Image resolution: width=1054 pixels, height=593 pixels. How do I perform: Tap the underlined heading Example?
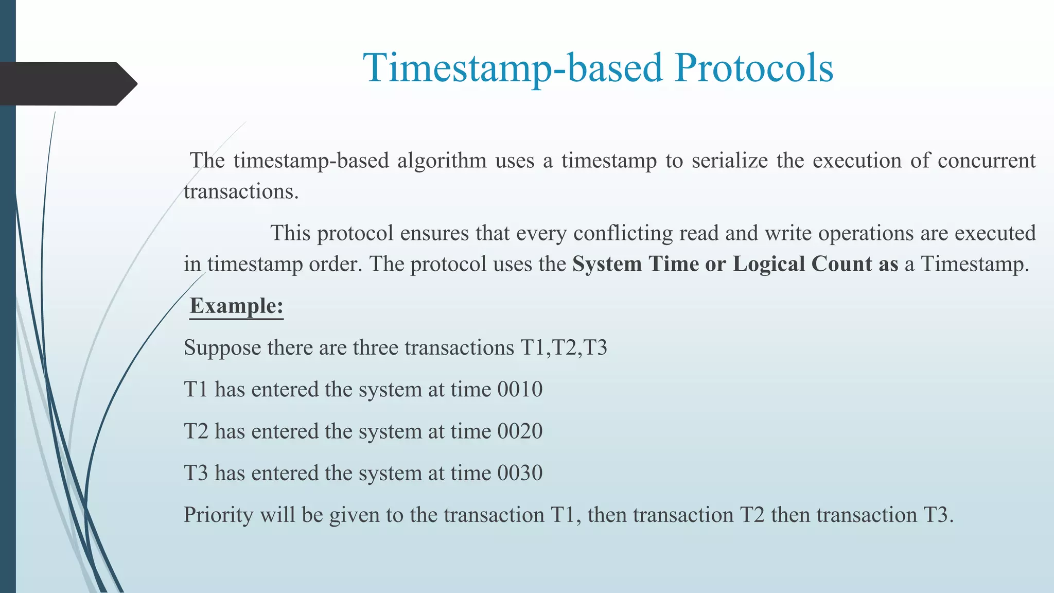click(x=236, y=306)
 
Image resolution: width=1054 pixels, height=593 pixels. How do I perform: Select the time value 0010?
click(x=520, y=389)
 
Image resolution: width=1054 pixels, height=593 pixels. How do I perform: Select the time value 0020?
click(x=520, y=431)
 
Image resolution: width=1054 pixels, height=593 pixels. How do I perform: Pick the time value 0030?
click(x=520, y=473)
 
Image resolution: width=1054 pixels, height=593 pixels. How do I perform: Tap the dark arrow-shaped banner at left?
click(x=67, y=84)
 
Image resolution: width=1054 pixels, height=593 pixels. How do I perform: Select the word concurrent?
click(x=986, y=161)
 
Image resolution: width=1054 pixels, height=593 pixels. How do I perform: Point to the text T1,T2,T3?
click(x=564, y=347)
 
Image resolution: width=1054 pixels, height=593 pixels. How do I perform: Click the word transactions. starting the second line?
click(x=241, y=191)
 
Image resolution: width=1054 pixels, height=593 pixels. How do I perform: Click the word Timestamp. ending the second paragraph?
click(x=974, y=264)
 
